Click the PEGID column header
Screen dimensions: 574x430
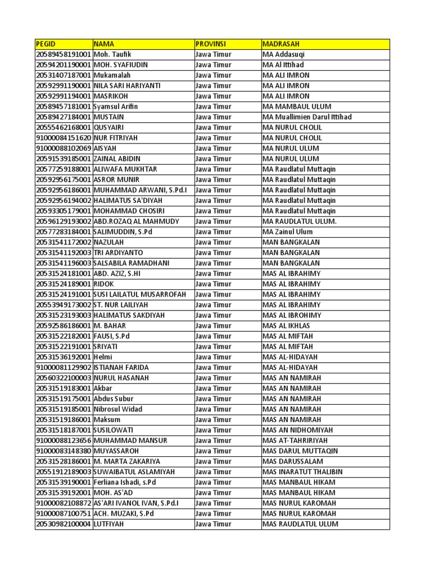(46, 44)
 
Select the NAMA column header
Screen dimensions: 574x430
(104, 44)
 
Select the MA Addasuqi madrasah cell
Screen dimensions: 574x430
(284, 54)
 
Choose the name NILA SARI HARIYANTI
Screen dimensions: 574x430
(127, 86)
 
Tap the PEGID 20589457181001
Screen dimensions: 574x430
(63, 107)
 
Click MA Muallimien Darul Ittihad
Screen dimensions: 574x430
(307, 117)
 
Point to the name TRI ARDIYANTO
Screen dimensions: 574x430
(118, 253)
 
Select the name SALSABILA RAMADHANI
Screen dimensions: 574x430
(132, 263)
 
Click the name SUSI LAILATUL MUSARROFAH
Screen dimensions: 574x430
(139, 294)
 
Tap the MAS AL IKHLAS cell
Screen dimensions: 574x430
(286, 326)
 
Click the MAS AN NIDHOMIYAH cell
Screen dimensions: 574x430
(297, 430)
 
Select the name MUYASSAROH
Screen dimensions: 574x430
(116, 451)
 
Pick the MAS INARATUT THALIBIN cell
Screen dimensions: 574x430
(302, 472)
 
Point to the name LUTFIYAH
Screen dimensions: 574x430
(109, 524)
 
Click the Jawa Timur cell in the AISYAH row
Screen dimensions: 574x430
(213, 149)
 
